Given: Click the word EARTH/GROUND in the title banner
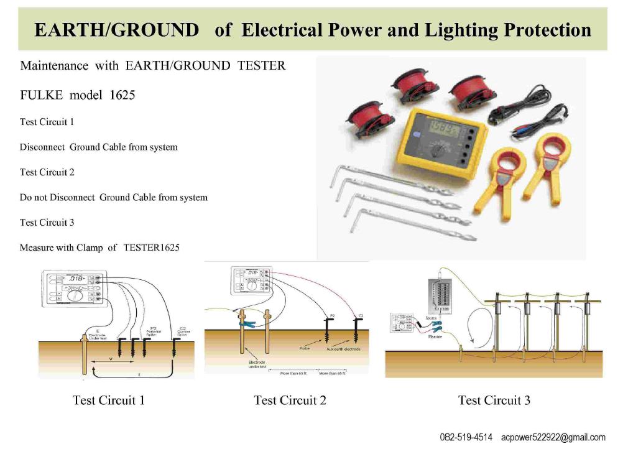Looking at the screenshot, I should pos(116,29).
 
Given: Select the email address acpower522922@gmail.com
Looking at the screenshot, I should pos(553,437).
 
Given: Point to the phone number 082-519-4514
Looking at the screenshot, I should pos(466,437).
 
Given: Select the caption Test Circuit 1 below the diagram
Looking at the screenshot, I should pos(108,400).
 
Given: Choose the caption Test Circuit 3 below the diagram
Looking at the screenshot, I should pos(494,400).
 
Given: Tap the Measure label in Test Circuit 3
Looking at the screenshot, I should pos(435,335).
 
